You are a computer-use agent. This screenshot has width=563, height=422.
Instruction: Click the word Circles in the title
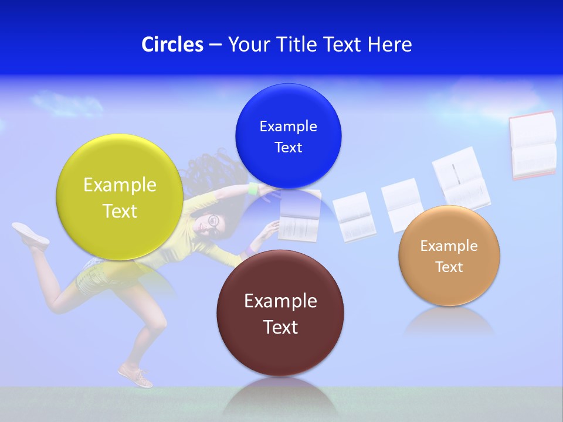pos(172,45)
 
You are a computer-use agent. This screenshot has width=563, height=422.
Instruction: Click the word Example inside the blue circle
pos(288,127)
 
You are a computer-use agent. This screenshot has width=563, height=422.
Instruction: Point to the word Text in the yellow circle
pos(120,211)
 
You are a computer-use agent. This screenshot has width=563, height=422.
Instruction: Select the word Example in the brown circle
pos(280,301)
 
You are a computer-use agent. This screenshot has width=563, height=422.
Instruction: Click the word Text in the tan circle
pos(449,267)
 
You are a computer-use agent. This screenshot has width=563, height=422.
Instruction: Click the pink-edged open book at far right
pos(533,145)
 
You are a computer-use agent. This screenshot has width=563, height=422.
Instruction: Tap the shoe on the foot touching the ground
pos(135,375)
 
